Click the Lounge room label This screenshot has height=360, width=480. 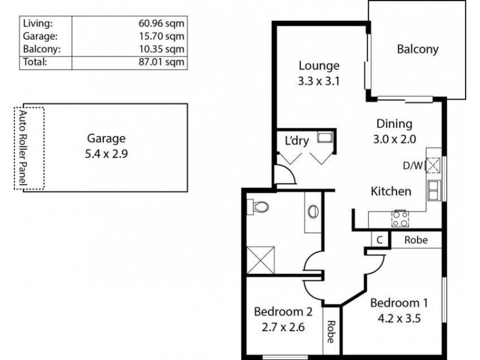tap(319, 66)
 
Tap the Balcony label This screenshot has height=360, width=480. tap(418, 49)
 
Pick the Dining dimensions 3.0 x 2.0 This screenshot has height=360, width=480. tap(394, 139)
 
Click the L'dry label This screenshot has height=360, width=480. tap(296, 142)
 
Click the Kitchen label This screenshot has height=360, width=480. tap(391, 191)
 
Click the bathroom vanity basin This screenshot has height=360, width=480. tap(313, 212)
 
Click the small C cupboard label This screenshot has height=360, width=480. tap(380, 240)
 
